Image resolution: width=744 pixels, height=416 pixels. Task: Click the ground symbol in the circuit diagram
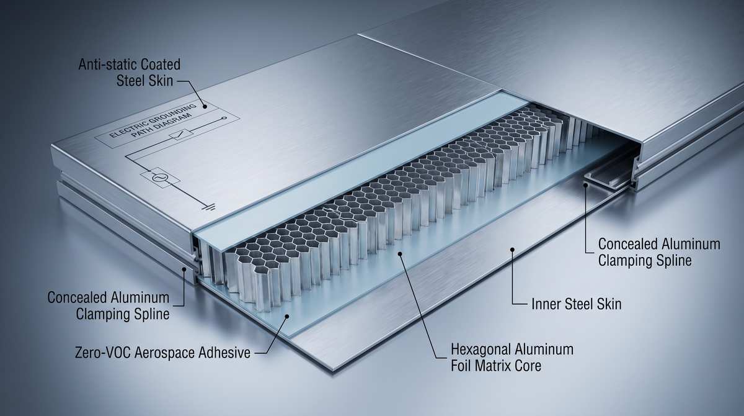(x=208, y=207)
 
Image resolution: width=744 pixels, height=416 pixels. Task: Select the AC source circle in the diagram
(x=159, y=178)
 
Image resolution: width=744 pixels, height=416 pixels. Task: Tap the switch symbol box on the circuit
(x=180, y=133)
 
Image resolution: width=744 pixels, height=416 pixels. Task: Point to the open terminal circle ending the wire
(x=224, y=118)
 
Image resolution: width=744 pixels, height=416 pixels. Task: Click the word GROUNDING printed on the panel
(x=170, y=115)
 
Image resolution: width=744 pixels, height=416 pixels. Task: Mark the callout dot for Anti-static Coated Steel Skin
(x=205, y=106)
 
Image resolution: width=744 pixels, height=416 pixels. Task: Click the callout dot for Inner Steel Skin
(x=513, y=250)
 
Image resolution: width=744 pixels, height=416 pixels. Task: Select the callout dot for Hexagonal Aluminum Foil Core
(x=401, y=254)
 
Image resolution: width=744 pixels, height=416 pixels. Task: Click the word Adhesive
(x=224, y=353)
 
